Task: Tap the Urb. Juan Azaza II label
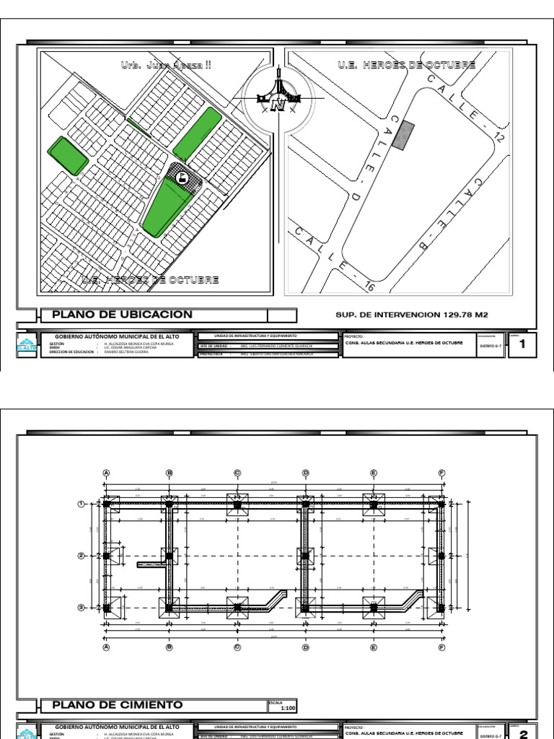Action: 166,65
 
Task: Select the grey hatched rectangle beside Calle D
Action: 405,135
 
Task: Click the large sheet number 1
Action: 522,345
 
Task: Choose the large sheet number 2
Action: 522,734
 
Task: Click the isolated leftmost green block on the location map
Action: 68,155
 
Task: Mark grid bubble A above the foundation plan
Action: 106,473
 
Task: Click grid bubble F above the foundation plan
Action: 441,473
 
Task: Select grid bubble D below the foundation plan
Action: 305,647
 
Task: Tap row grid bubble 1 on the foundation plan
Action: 82,504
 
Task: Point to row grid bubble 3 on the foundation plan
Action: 82,608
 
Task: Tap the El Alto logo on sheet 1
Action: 25,346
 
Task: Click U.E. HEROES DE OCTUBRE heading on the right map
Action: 406,65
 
